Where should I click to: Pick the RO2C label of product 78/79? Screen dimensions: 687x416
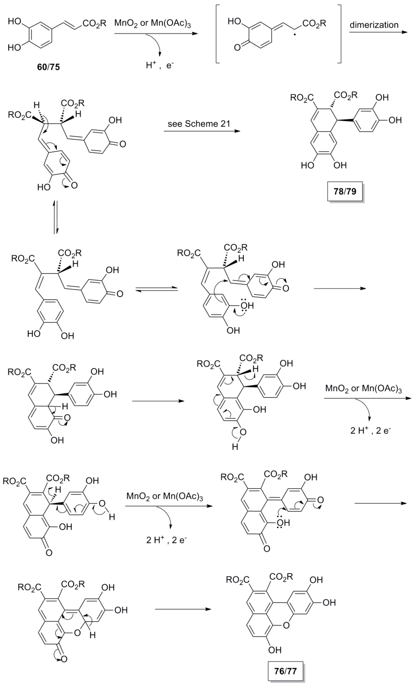[x=302, y=98]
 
